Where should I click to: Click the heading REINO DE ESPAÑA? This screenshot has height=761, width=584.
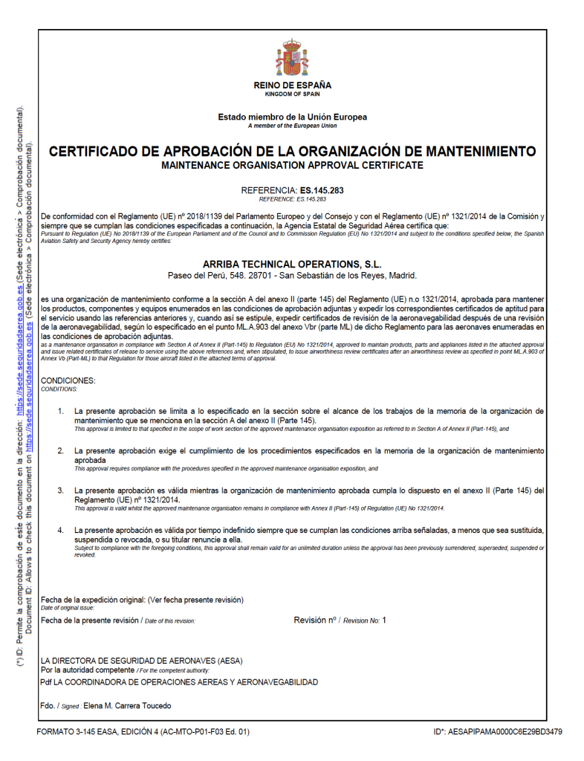tap(292, 85)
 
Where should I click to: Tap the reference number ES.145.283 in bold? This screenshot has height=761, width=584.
tap(322, 190)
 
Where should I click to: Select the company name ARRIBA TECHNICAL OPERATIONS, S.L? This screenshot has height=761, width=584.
tap(292, 264)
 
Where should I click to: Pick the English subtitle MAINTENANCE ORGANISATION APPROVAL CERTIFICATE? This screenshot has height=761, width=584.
tap(292, 164)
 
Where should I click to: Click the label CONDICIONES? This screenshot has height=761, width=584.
tap(68, 381)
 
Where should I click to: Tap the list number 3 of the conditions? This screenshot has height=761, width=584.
tap(60, 490)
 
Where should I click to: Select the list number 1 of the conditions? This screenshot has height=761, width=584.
tap(60, 410)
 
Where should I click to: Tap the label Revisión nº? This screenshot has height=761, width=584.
tap(315, 619)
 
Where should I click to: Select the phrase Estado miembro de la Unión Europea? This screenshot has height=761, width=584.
tap(292, 117)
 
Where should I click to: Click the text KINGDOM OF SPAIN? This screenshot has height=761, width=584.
tap(292, 94)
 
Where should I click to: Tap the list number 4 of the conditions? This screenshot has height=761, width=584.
tap(60, 530)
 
